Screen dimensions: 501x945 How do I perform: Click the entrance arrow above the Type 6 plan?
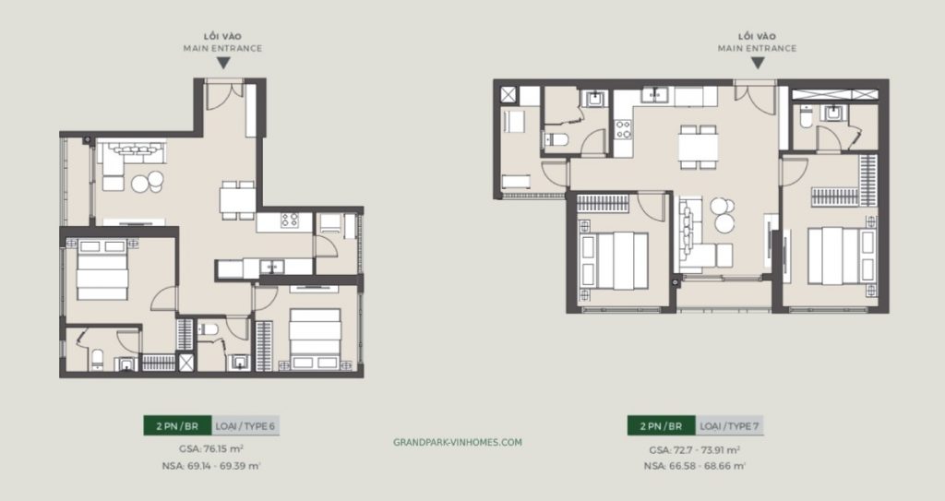click(x=222, y=64)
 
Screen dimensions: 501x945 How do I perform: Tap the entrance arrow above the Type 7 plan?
click(x=757, y=64)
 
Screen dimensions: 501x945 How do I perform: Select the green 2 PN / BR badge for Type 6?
click(x=176, y=425)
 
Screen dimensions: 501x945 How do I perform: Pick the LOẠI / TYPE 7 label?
click(x=730, y=425)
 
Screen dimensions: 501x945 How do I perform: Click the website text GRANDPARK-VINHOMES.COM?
click(x=458, y=442)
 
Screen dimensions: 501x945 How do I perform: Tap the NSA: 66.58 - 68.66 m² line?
click(x=697, y=467)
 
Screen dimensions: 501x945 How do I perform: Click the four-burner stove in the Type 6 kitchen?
click(x=290, y=221)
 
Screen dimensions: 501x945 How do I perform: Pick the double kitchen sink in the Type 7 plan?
click(x=656, y=93)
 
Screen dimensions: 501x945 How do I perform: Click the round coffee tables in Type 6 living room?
click(x=146, y=183)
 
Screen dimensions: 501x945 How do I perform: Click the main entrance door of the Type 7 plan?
click(x=756, y=94)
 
